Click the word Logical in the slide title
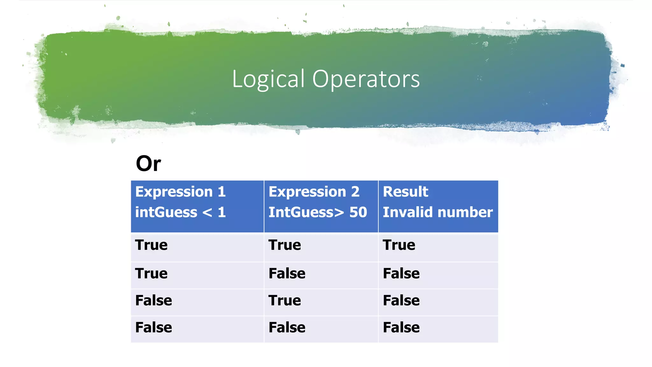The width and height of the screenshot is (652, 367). pyautogui.click(x=268, y=79)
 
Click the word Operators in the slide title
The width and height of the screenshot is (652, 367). pyautogui.click(x=366, y=79)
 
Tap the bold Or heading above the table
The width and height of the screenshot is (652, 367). pyautogui.click(x=148, y=164)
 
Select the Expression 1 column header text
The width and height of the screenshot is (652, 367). pyautogui.click(x=181, y=192)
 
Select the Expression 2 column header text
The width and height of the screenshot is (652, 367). pyautogui.click(x=314, y=192)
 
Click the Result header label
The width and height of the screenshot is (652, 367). pyautogui.click(x=405, y=192)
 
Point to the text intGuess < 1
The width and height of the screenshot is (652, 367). pyautogui.click(x=181, y=212)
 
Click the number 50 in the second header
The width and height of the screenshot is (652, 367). pyautogui.click(x=358, y=212)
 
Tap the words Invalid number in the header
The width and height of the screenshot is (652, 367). pyautogui.click(x=437, y=212)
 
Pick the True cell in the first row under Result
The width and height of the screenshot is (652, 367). pyautogui.click(x=399, y=245)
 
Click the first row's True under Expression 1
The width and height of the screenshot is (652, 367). pyautogui.click(x=151, y=245)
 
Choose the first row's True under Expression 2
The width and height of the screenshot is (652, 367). pyautogui.click(x=285, y=245)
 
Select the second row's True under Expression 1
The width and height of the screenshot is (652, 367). pyautogui.click(x=151, y=273)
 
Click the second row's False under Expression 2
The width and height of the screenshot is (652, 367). pyautogui.click(x=287, y=273)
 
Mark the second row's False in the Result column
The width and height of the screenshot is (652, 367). pyautogui.click(x=401, y=273)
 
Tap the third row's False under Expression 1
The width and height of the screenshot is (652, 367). pyautogui.click(x=153, y=300)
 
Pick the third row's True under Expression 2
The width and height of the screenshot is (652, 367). pyautogui.click(x=285, y=300)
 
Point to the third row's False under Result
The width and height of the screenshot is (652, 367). pyautogui.click(x=401, y=300)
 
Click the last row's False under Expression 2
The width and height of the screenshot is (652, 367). pyautogui.click(x=287, y=327)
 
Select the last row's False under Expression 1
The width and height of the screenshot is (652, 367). pyautogui.click(x=153, y=327)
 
